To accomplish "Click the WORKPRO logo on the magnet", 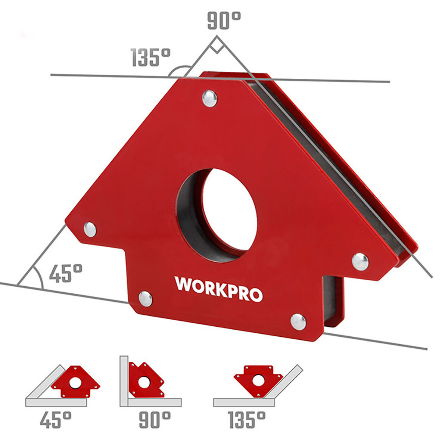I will [x=218, y=289].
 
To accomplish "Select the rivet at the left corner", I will [x=90, y=229].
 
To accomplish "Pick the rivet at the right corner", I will [x=360, y=261].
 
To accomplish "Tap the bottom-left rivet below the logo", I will [x=145, y=299].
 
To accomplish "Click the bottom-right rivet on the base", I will [x=298, y=322].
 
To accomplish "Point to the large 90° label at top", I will [x=224, y=20].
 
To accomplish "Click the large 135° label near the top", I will [x=150, y=58].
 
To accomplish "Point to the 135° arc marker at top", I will [x=180, y=70].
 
